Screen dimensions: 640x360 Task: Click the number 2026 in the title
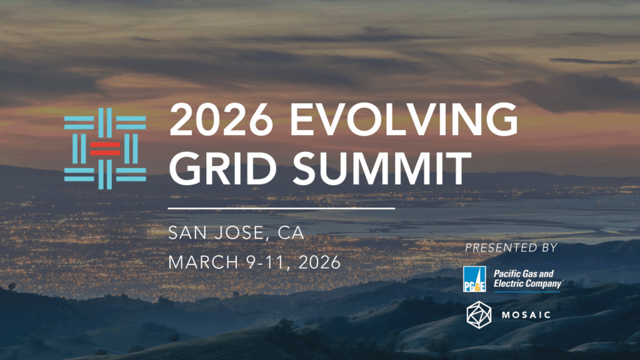coord(221,119)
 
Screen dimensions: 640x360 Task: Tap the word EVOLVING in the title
coord(403,119)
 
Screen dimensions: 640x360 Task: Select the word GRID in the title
coord(223,168)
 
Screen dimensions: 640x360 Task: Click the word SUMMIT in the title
coord(382,168)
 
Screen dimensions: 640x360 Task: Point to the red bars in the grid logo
coord(105,149)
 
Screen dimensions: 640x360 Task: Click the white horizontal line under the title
coord(281,208)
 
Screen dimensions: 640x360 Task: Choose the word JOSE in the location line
coord(239,232)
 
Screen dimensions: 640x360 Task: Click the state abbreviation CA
coord(291,232)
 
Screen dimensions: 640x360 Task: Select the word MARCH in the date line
coord(203,262)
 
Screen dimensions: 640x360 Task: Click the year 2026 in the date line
coord(319,262)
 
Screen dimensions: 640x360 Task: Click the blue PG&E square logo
coord(474,279)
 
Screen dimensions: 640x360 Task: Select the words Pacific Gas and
coord(524,274)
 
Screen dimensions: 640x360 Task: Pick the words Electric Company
coord(527,284)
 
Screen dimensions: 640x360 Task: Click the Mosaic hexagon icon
coord(479,315)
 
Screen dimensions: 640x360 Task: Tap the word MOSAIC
coord(526,315)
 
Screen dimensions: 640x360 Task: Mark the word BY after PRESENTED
coord(549,247)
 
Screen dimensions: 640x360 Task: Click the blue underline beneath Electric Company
coord(526,291)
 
